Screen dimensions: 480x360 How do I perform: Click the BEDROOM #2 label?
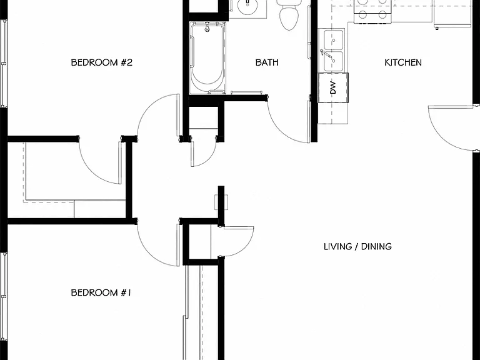(102, 62)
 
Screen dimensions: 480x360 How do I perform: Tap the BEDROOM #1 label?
(101, 292)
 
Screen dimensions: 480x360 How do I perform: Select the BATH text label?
(267, 62)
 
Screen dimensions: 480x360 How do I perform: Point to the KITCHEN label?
(403, 62)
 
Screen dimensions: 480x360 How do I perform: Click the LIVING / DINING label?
(357, 246)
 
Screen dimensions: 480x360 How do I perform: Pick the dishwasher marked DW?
(333, 87)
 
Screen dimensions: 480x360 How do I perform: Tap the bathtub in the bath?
(207, 58)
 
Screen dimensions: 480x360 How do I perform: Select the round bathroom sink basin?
(247, 7)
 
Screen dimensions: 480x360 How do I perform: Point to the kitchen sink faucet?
(327, 55)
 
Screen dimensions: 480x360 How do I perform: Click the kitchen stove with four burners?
(372, 11)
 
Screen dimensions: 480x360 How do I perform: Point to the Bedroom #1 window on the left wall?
(4, 306)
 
